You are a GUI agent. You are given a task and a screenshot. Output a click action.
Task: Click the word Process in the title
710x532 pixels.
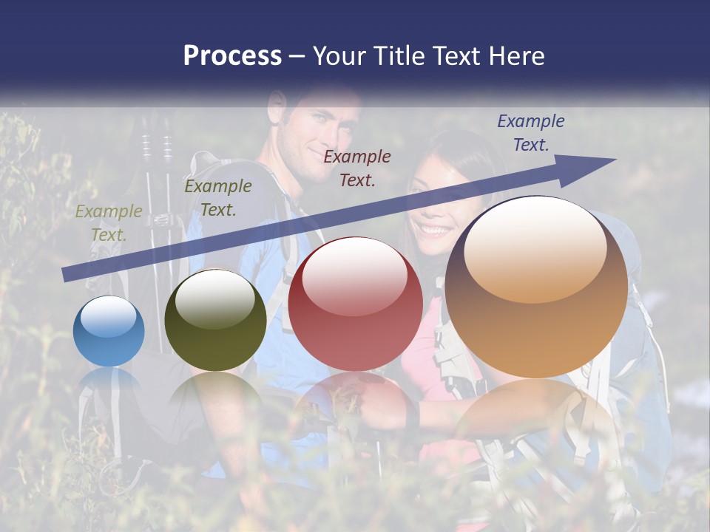232,56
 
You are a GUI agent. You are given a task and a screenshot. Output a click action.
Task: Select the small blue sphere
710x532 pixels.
109,331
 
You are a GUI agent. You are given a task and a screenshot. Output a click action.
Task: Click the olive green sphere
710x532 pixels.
215,321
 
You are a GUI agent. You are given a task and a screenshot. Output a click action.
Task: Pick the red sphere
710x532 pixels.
355,304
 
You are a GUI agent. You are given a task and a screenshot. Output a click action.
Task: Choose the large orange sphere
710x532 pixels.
536,287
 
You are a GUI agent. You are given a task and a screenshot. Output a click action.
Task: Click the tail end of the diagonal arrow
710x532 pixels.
68,274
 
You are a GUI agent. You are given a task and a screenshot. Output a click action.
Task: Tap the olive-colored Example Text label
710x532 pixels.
109,223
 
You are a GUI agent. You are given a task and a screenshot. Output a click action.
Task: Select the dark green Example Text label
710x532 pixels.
218,197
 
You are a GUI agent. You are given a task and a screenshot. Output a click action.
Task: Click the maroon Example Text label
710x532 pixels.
357,168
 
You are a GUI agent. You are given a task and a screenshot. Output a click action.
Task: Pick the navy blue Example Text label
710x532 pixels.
530,133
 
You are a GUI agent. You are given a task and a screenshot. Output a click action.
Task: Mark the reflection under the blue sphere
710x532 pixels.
109,384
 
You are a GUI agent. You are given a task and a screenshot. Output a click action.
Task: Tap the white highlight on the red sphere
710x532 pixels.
354,277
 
